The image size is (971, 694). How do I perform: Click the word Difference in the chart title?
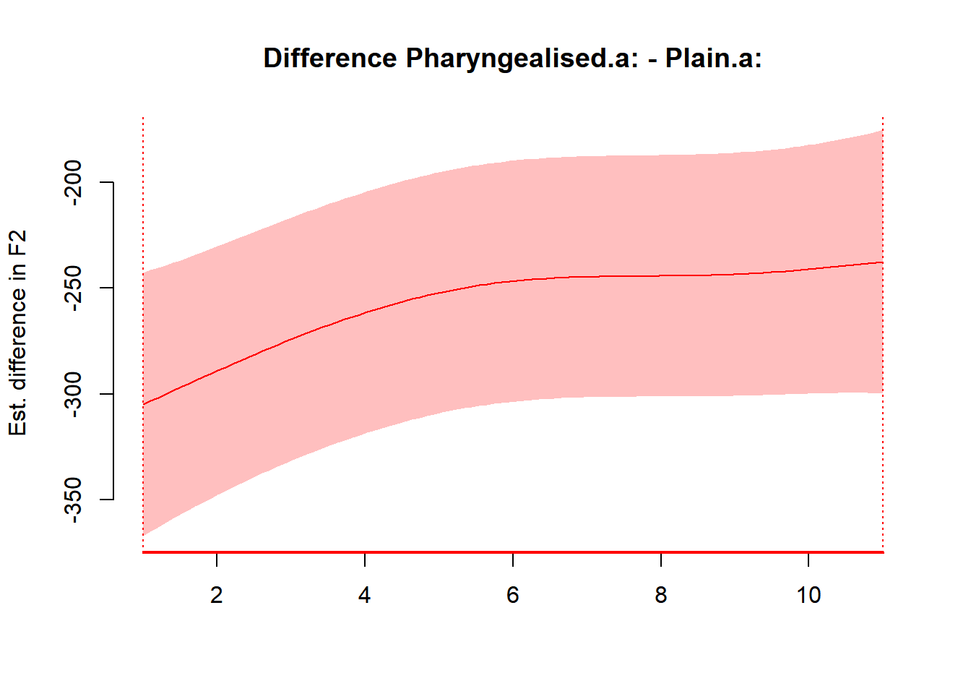pos(329,58)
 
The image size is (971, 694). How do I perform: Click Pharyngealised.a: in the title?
pos(522,58)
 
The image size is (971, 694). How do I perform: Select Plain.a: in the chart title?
pos(713,58)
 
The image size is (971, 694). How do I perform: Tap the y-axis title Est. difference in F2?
pos(17,333)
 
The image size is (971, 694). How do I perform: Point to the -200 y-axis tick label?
pos(73,182)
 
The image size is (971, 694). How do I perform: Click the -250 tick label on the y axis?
pos(73,288)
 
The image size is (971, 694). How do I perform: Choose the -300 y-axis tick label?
pos(73,394)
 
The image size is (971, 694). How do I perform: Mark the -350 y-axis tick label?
pos(73,500)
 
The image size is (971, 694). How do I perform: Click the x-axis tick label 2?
pos(217,595)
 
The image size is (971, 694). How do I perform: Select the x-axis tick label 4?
pos(365,595)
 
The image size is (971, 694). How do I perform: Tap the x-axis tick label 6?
pos(513,595)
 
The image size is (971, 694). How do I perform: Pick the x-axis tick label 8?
pos(661,595)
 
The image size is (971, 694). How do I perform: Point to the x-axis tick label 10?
pos(808,595)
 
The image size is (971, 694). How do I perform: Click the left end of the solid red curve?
pos(144,403)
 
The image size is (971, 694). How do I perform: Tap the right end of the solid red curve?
pos(881,262)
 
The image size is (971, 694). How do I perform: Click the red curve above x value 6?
pos(513,280)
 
